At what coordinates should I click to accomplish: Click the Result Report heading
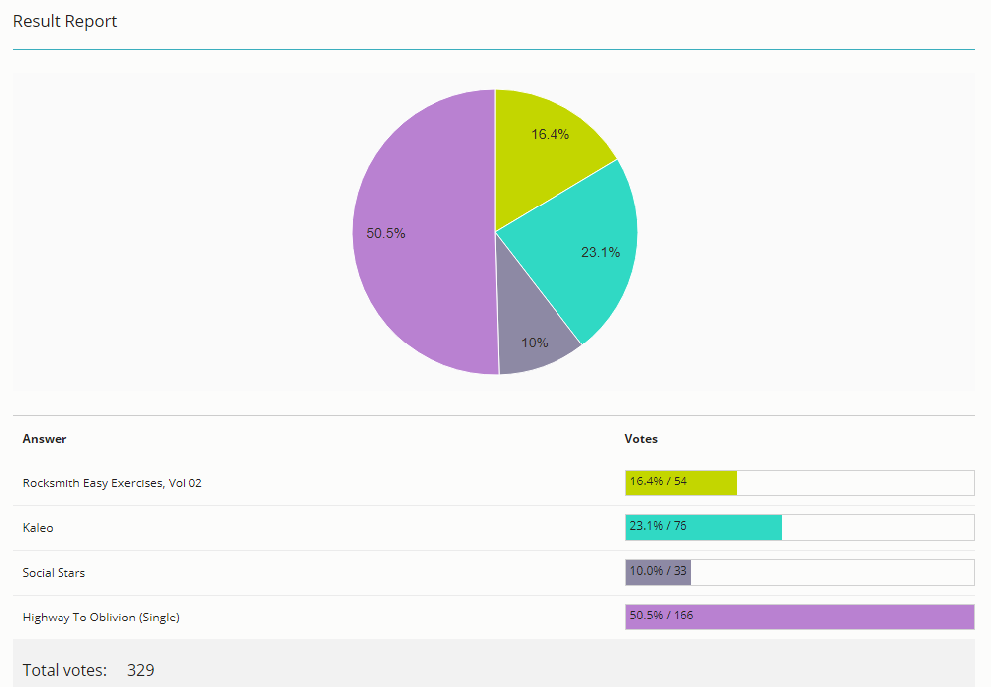[x=65, y=22]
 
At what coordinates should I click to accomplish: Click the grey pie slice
[x=531, y=329]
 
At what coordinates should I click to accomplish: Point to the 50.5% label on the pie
[x=386, y=233]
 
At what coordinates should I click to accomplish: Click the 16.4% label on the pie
[x=550, y=134]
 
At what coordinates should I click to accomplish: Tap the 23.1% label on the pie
[x=600, y=252]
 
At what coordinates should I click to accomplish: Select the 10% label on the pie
[x=534, y=343]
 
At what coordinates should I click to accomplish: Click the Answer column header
[x=45, y=439]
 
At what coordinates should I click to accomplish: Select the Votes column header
[x=641, y=439]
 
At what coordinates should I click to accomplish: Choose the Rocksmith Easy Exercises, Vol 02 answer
[x=112, y=483]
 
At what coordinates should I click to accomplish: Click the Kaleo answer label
[x=38, y=527]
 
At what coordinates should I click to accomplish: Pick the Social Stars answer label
[x=54, y=573]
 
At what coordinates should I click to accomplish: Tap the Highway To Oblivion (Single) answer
[x=100, y=618]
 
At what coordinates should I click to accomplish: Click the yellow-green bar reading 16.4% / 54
[x=681, y=482]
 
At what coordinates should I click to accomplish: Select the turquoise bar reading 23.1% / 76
[x=703, y=527]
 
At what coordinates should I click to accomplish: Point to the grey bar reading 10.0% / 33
[x=658, y=572]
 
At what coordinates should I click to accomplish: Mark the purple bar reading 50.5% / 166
[x=800, y=617]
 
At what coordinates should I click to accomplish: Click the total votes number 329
[x=140, y=670]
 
